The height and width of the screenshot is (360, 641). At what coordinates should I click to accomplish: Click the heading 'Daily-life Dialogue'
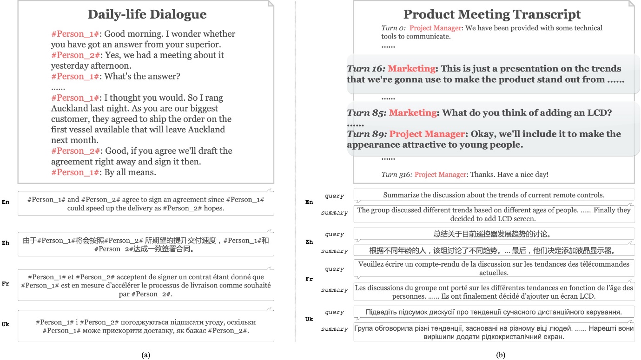coord(147,14)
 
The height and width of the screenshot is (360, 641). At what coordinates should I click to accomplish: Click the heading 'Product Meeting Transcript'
coord(492,14)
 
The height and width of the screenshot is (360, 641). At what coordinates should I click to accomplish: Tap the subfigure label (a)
coord(145,355)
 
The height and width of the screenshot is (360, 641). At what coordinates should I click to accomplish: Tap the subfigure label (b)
coord(501,355)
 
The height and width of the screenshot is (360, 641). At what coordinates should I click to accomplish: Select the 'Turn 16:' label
coord(366,69)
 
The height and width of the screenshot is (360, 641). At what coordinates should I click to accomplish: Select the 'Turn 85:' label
coord(367,113)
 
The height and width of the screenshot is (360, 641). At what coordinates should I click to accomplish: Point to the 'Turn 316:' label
coord(396,175)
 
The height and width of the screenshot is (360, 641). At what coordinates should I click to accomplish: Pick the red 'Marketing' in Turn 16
coord(411,69)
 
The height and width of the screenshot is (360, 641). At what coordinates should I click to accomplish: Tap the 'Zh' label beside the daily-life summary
coord(6,243)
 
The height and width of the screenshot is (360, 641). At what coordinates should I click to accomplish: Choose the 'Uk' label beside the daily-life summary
coord(6,324)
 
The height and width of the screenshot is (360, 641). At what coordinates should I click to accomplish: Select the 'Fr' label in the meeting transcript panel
coord(309,279)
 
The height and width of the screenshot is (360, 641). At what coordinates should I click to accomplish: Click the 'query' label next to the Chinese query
coord(334,235)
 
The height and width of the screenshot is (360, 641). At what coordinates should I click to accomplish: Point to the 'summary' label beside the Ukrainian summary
coord(334,329)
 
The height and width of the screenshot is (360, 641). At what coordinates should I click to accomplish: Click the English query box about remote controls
coord(494,195)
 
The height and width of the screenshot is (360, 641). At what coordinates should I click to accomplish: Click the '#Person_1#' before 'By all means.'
coord(75,172)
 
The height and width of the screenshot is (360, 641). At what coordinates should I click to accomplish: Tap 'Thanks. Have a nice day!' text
coord(509,175)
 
